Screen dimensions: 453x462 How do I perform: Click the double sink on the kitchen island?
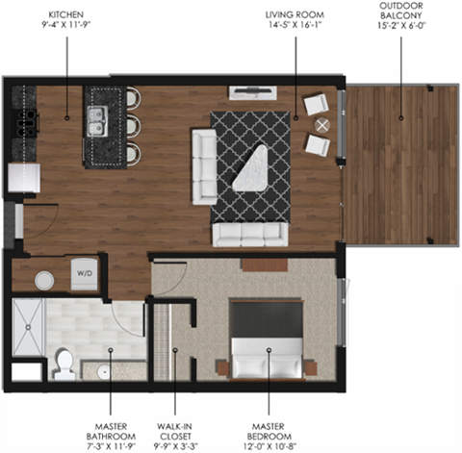(97, 119)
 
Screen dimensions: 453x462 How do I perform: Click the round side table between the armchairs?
(321, 124)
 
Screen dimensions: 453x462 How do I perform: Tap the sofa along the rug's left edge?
(203, 166)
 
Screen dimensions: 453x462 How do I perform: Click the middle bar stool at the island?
(134, 124)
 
